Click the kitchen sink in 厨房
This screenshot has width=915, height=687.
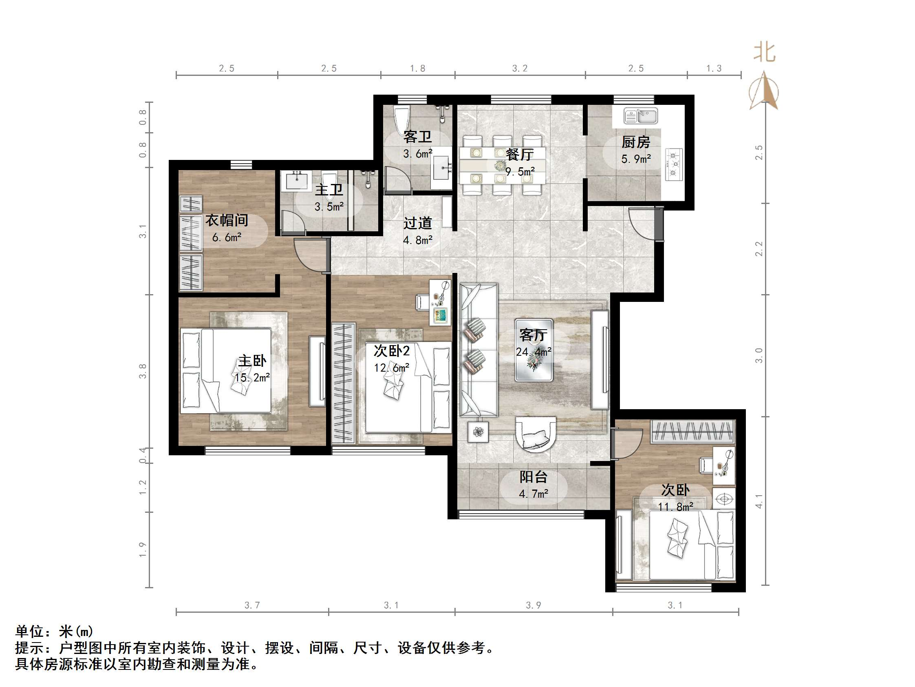[640, 116]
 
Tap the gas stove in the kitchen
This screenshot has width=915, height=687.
[674, 164]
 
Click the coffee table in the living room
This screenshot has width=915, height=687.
[534, 350]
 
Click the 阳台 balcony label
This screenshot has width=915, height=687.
[533, 477]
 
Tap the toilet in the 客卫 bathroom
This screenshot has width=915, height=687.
[401, 118]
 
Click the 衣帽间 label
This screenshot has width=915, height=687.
[227, 220]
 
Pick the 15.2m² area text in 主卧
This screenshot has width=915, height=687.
[252, 378]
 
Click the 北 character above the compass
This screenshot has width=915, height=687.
[764, 53]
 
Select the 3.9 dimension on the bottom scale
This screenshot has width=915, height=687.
[533, 605]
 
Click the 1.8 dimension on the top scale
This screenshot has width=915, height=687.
[417, 68]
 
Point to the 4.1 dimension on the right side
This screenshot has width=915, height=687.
[758, 501]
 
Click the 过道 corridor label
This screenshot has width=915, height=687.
[417, 223]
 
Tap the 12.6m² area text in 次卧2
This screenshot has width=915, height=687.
[391, 368]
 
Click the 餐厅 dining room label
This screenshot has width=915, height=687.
[520, 155]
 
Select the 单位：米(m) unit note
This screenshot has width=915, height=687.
[54, 632]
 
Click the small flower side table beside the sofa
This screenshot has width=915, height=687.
[478, 432]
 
